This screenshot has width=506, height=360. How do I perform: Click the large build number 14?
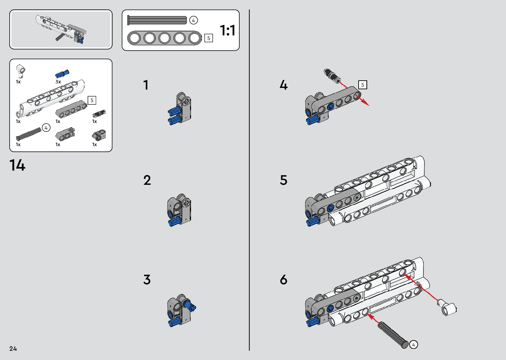click(17, 165)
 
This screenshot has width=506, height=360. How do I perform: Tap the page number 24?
click(13, 348)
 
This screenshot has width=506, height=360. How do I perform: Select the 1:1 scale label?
click(228, 30)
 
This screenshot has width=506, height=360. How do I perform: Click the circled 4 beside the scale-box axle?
click(193, 20)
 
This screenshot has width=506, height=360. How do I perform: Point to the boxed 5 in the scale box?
click(209, 38)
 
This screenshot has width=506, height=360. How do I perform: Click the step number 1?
click(146, 85)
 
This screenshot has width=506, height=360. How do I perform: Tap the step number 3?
click(147, 280)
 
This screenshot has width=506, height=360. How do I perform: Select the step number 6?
click(284, 280)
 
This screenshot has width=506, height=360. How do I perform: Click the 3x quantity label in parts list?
click(58, 82)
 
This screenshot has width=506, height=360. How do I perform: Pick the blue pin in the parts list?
click(62, 74)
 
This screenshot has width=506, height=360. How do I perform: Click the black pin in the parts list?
click(99, 114)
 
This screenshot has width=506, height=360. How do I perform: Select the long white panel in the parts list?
click(51, 98)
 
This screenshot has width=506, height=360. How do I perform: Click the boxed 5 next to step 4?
click(363, 85)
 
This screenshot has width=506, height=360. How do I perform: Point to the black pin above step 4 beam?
click(332, 75)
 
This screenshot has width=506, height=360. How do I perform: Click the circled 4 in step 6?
click(413, 344)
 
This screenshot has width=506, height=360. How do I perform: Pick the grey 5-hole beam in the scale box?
click(165, 38)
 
